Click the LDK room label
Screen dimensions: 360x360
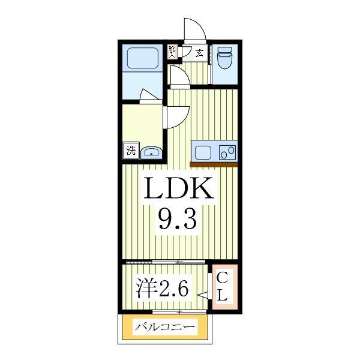coord(178,190)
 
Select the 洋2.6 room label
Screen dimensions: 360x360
coord(163,290)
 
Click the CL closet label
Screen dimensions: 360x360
coord(222,287)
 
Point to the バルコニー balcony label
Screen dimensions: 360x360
coord(165,328)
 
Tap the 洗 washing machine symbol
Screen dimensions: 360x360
coord(131,150)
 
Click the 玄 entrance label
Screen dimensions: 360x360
coord(199,52)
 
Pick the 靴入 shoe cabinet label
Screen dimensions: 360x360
coord(172,52)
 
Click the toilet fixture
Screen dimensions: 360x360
coord(225,59)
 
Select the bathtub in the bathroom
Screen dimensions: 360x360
coord(142,58)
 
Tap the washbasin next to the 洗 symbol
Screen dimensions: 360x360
coord(151,152)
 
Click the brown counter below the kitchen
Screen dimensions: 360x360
coord(214,164)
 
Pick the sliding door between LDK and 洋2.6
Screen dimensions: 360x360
coord(165,262)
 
